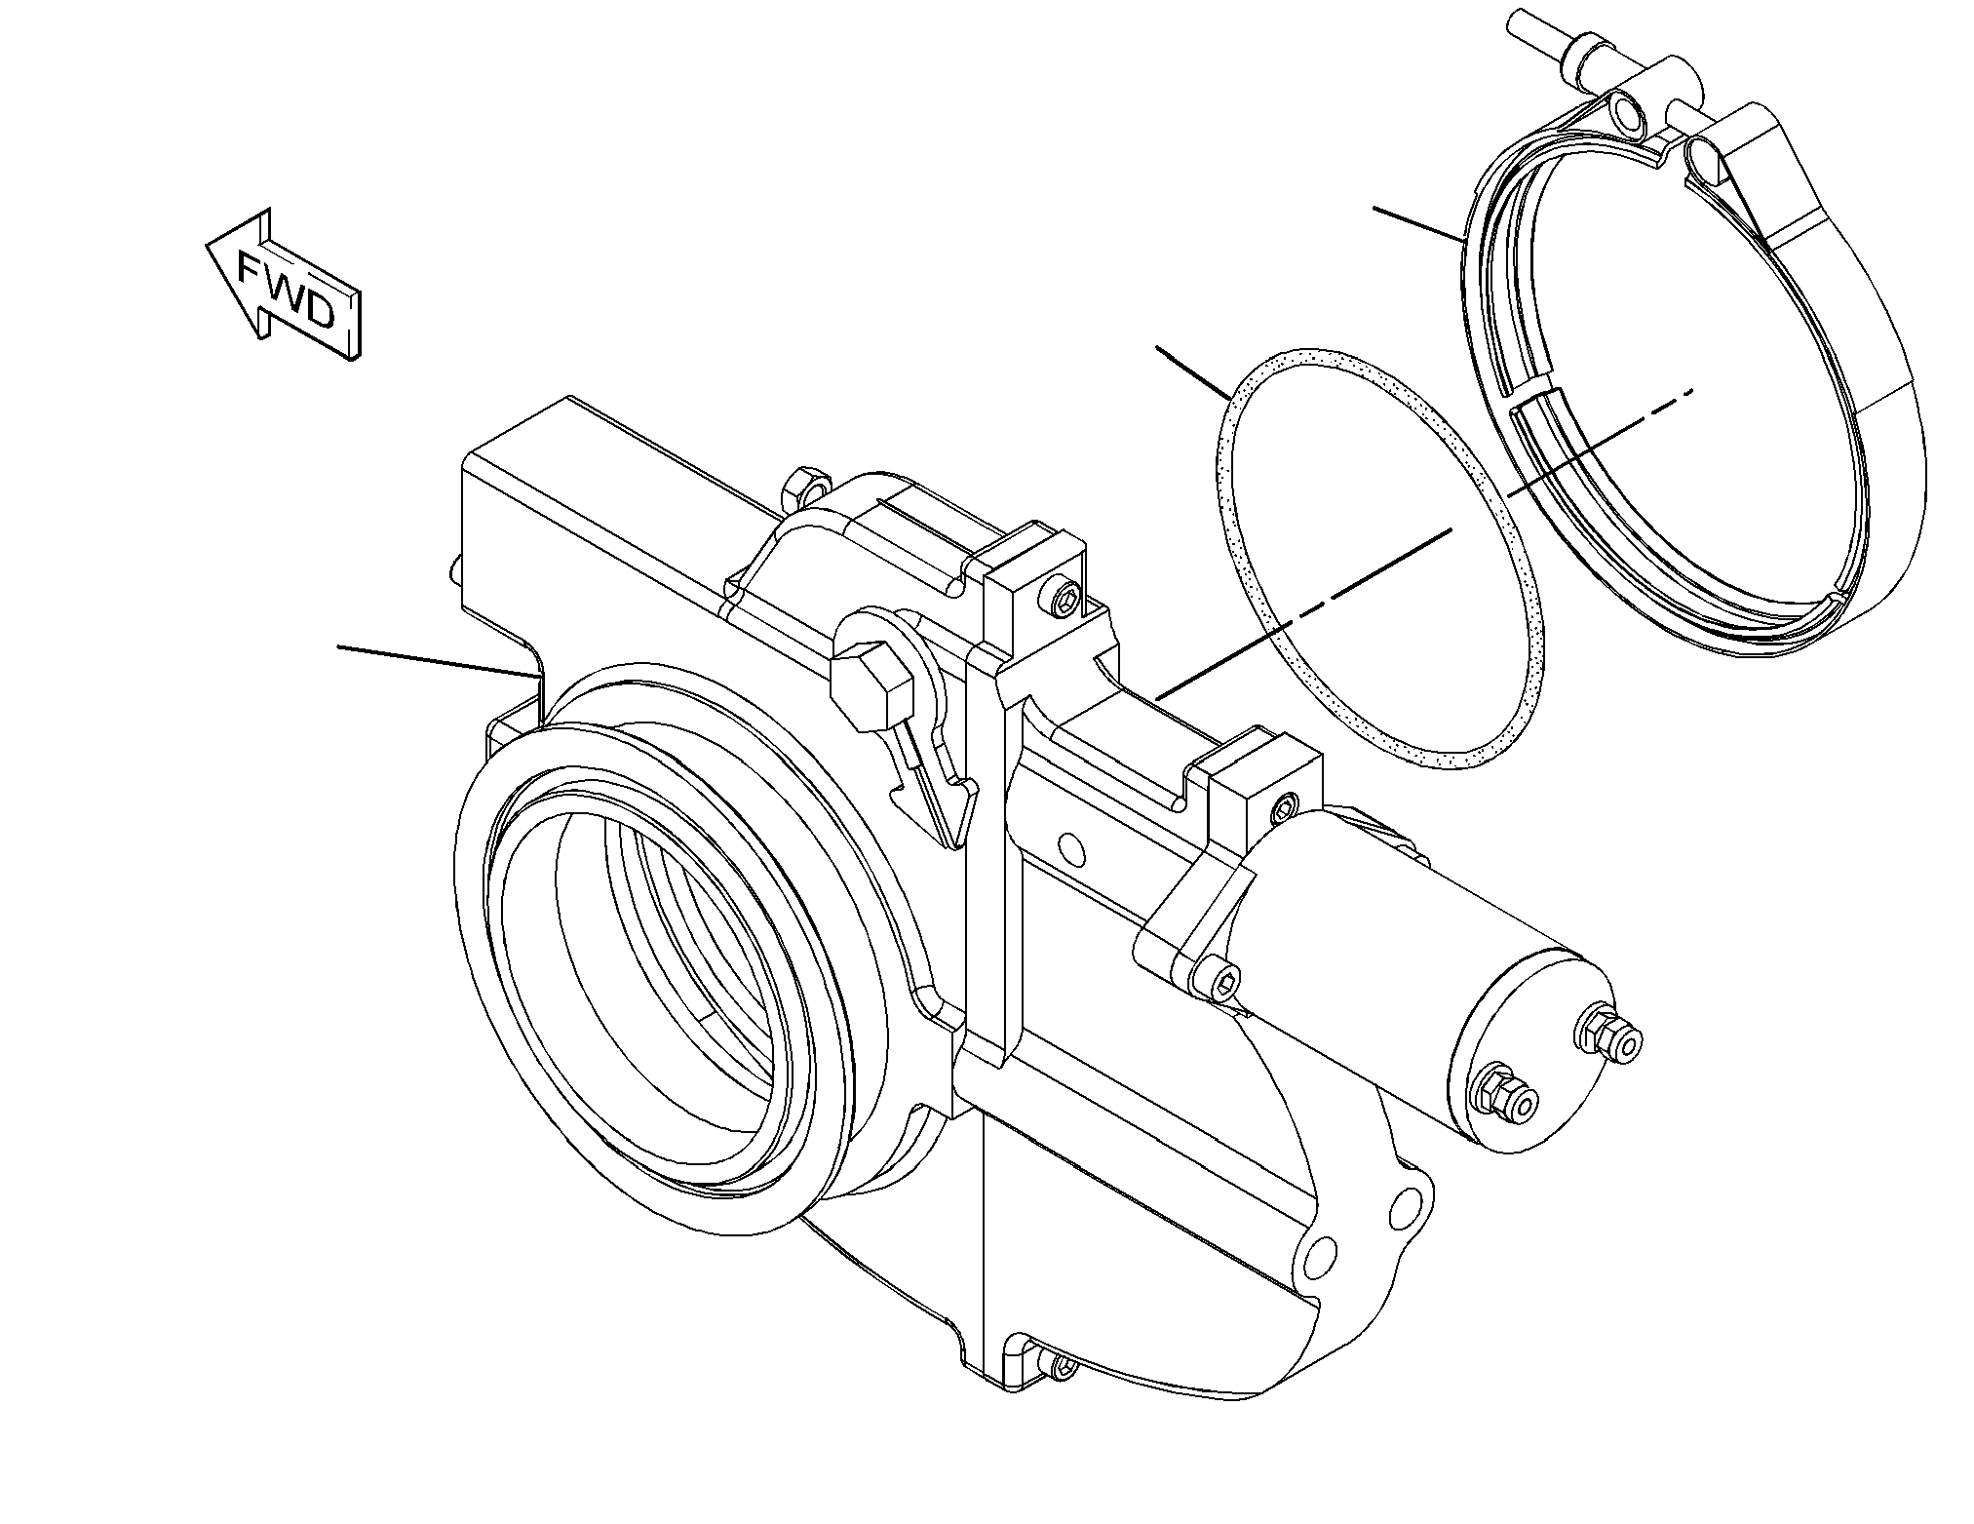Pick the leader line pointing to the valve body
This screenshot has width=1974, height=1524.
coord(439,660)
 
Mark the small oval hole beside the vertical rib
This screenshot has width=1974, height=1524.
coord(1071,846)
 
